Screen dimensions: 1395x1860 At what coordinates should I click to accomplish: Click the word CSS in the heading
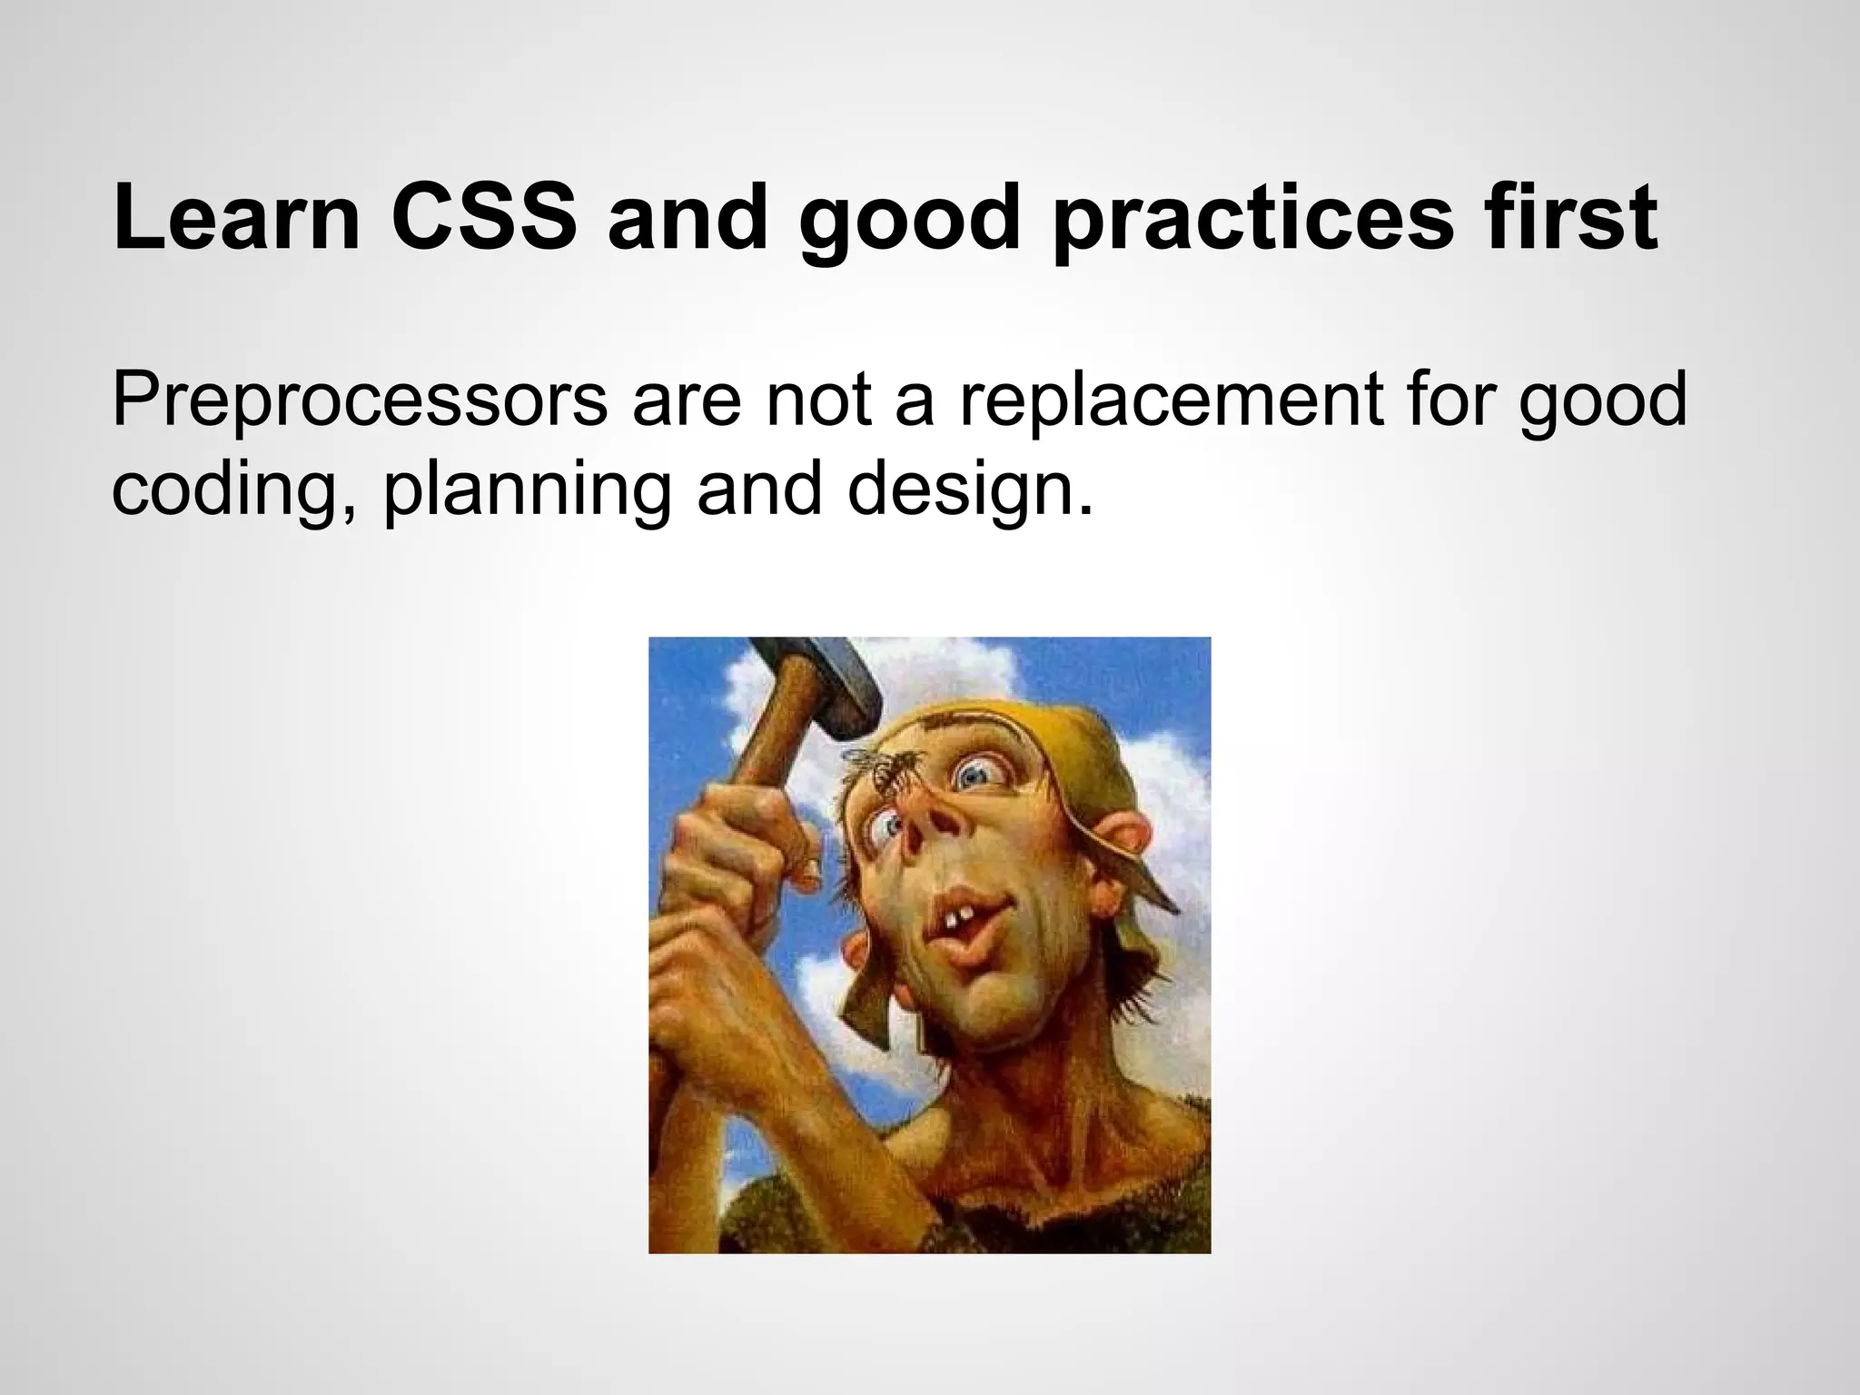coord(483,221)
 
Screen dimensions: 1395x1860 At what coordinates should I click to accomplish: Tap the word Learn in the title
coord(237,221)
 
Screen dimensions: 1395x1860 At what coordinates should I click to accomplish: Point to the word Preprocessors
coord(360,401)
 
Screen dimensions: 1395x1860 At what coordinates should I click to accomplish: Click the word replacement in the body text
coord(1172,401)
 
